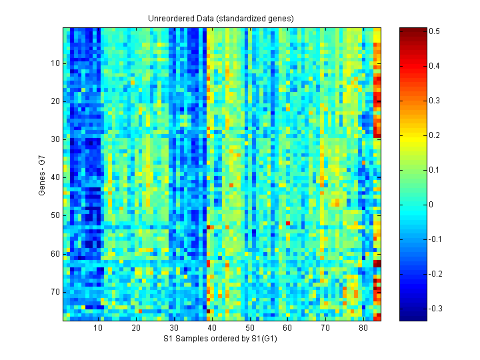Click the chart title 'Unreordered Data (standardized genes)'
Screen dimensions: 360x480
point(221,18)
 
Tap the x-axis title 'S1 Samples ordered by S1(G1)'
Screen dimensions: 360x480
point(221,339)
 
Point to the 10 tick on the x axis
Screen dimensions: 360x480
point(98,328)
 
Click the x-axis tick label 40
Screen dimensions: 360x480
point(211,328)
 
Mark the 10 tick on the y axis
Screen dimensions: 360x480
point(55,63)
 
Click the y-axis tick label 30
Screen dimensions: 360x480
point(55,139)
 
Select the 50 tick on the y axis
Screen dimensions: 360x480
point(55,215)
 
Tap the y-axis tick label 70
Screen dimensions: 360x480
point(55,291)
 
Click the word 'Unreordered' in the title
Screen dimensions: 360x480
point(170,18)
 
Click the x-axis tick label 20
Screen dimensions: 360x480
point(136,328)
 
